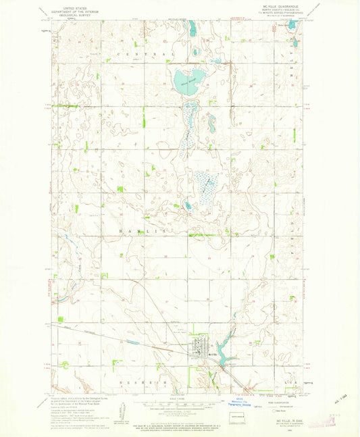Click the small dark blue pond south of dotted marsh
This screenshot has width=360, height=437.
[x=188, y=207]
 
